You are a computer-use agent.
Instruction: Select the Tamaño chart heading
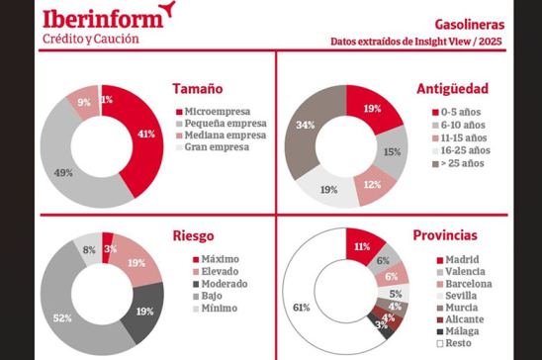[x=196, y=88]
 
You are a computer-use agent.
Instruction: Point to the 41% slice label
[x=145, y=133]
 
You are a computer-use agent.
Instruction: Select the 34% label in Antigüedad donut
[x=306, y=125]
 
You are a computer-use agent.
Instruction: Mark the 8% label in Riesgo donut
[x=89, y=250]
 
